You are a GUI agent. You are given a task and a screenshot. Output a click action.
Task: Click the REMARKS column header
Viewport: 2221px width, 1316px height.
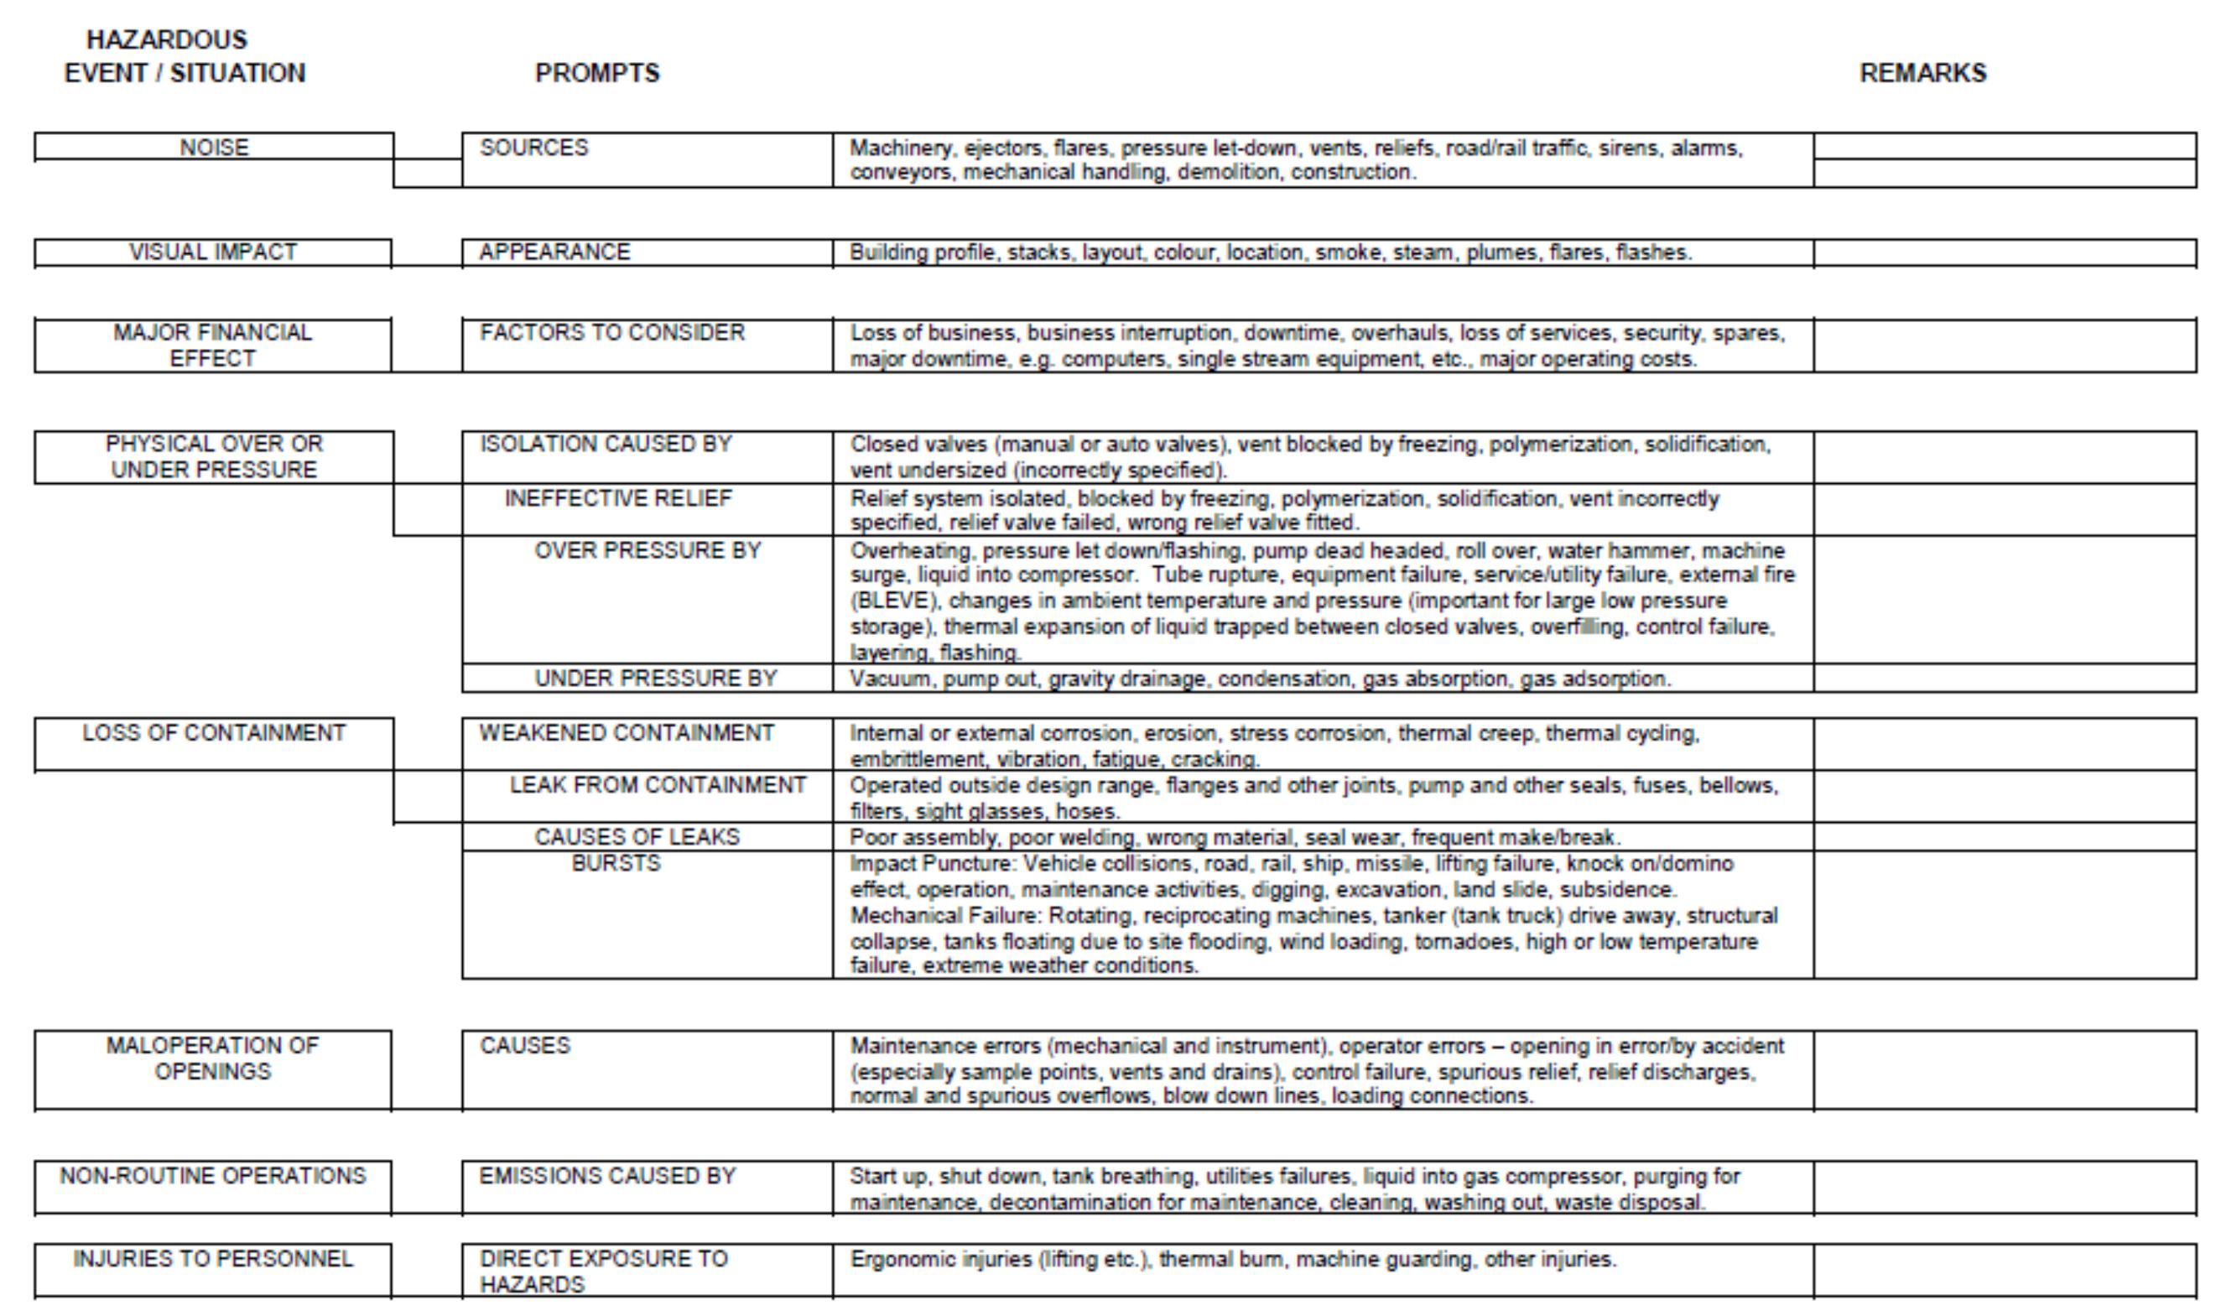pos(1922,73)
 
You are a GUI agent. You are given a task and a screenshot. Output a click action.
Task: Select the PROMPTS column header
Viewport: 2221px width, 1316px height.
pos(596,73)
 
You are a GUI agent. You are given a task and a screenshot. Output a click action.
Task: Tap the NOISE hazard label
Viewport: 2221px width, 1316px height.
pos(214,148)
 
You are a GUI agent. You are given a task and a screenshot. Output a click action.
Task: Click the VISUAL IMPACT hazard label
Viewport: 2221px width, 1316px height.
pos(213,252)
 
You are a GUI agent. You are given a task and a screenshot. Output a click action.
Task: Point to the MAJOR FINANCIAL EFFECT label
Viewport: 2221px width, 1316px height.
pos(213,345)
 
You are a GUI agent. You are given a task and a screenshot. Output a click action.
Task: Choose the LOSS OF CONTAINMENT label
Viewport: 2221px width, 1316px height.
pos(214,733)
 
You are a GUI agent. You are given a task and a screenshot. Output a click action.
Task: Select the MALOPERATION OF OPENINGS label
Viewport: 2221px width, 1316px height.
pos(213,1058)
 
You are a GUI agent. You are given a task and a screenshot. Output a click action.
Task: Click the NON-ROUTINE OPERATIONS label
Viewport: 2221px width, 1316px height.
pos(213,1176)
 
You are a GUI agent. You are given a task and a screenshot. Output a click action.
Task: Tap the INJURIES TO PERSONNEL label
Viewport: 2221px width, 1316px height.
pos(213,1258)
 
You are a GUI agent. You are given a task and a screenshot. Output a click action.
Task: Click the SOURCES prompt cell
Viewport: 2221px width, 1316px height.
pos(533,148)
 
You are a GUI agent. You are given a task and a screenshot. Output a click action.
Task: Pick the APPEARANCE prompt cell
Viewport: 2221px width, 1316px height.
pos(555,252)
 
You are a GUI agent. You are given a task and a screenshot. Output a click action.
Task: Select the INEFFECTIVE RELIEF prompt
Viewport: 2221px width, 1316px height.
pos(618,498)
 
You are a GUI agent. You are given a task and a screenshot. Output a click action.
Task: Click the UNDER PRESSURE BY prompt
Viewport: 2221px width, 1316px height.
pos(655,679)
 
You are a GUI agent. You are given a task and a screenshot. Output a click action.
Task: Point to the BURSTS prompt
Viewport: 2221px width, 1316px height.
pos(616,863)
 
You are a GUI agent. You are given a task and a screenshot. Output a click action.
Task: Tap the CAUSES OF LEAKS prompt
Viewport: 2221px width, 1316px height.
pos(637,837)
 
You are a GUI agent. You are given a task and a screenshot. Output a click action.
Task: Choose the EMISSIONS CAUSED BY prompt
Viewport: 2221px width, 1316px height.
pos(607,1176)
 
